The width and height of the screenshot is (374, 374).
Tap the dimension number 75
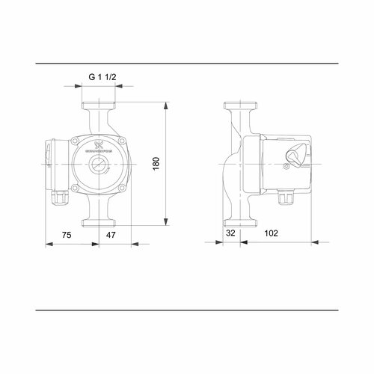(67, 234)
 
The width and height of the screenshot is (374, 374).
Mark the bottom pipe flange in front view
(100, 222)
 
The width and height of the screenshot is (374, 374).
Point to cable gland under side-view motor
(286, 198)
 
